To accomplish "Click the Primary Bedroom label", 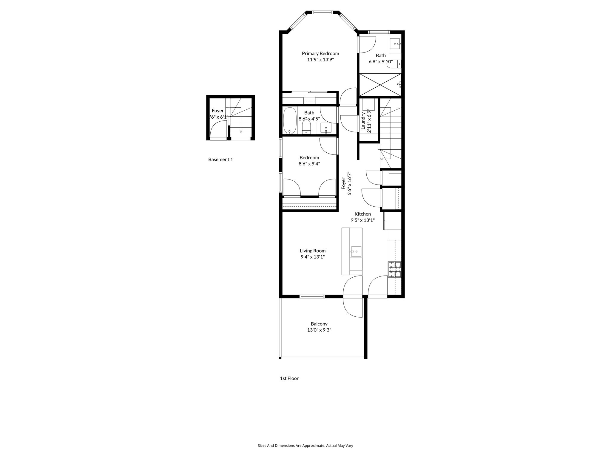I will click(x=320, y=53).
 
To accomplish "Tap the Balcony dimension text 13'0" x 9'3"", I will click(x=319, y=330).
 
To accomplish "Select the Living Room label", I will click(x=312, y=251).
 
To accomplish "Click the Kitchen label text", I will click(x=362, y=214).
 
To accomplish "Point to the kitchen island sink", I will click(x=356, y=251).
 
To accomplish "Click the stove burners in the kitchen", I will click(x=394, y=269).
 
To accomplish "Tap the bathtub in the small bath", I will click(x=289, y=121).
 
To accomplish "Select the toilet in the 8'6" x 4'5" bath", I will click(x=306, y=128).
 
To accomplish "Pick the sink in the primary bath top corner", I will click(x=395, y=44).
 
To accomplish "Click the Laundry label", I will click(x=363, y=120).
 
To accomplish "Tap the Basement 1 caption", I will click(x=220, y=160).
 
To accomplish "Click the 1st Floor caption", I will click(x=289, y=378).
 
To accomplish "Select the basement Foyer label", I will click(x=217, y=111).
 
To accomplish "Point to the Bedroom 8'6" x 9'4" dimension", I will click(x=309, y=164).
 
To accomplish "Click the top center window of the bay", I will click(x=322, y=13).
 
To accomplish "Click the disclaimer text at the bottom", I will click(x=305, y=445).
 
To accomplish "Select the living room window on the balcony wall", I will click(x=312, y=296).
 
